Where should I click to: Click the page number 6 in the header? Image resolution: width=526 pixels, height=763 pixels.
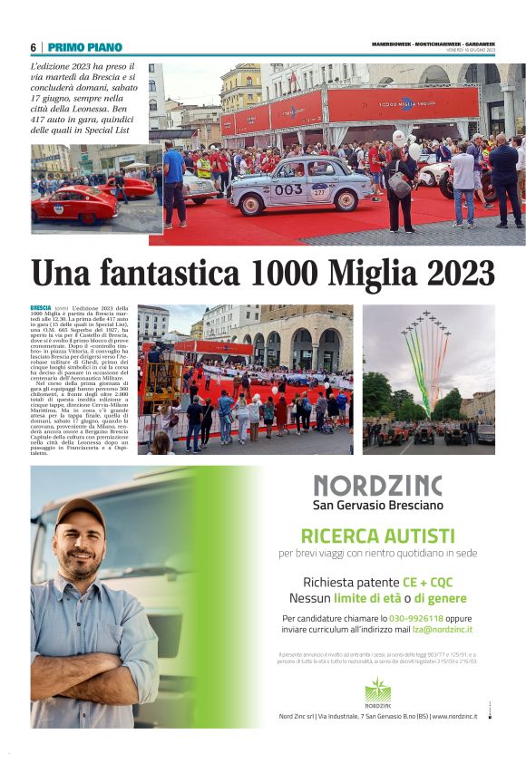click(x=33, y=47)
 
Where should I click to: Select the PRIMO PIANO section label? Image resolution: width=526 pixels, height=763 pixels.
click(x=86, y=47)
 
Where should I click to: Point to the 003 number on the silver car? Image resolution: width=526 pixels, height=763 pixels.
click(x=288, y=189)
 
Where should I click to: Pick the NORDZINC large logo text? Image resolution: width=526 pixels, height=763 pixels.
click(x=377, y=486)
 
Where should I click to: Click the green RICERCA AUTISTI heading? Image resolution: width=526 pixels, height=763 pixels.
click(x=377, y=535)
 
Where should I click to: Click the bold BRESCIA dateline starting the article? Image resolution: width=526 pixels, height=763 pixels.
click(x=41, y=309)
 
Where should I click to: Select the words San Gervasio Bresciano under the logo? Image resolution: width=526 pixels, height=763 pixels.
click(x=377, y=505)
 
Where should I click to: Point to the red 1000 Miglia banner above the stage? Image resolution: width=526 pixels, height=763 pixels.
click(x=404, y=102)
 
